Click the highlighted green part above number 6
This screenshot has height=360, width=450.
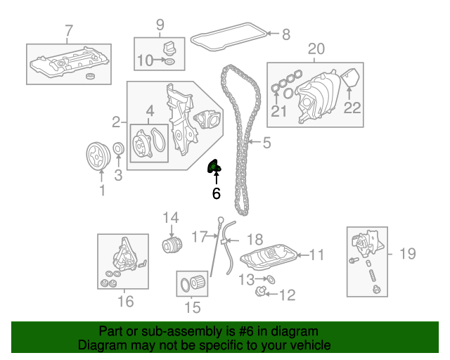click(214, 167)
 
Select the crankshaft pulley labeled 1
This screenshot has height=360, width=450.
click(98, 156)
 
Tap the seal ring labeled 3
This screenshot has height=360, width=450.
click(118, 148)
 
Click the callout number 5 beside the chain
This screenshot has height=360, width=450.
click(266, 143)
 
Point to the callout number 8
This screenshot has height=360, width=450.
click(286, 34)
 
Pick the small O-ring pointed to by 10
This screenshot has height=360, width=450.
click(169, 61)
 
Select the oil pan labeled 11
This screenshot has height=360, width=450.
click(269, 257)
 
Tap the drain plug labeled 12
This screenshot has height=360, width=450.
click(260, 291)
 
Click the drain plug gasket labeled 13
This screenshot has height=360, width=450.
click(270, 279)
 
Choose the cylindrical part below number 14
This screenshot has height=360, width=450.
click(172, 245)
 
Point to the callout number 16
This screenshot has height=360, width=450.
click(126, 302)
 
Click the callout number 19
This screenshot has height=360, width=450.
click(408, 254)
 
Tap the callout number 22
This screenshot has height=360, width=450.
click(352, 108)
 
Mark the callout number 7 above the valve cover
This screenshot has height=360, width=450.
click(69, 31)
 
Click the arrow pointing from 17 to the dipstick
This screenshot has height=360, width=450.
click(213, 236)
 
